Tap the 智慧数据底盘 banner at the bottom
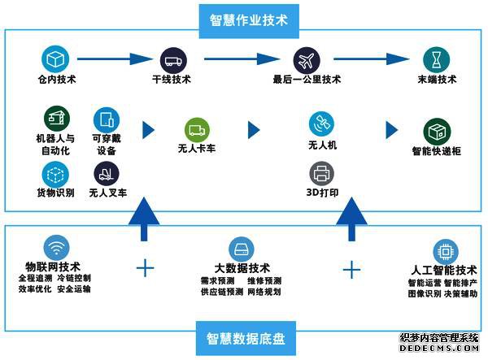click(244, 336)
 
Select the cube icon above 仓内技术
click(54, 59)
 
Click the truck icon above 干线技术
click(172, 59)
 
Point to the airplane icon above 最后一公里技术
click(305, 59)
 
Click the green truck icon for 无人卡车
click(196, 128)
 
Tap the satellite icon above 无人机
click(320, 124)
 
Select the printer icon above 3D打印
click(320, 173)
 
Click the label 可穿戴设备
click(107, 145)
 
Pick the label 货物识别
click(55, 193)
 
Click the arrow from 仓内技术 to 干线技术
click(113, 59)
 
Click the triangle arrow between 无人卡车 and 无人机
click(254, 129)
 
